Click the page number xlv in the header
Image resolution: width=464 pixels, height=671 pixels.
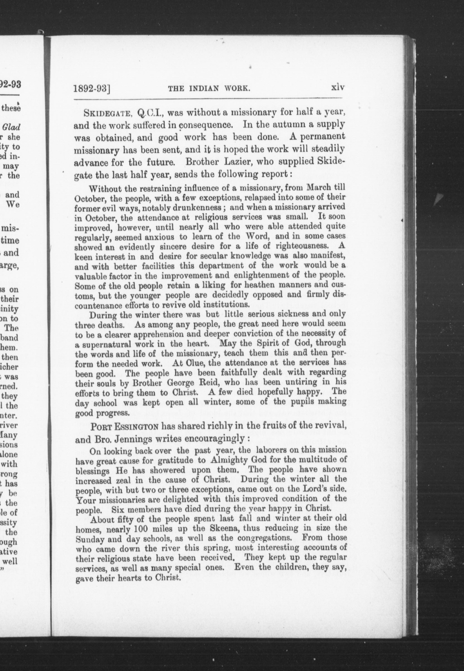point(338,88)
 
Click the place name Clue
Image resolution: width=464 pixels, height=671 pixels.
point(195,363)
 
